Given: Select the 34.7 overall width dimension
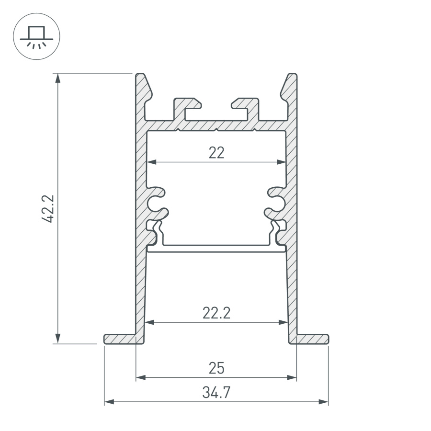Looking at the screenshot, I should point(216,393).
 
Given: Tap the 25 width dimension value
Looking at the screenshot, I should point(216,368).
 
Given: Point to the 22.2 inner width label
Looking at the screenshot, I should point(216,313).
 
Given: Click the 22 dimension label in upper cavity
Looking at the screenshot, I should point(216,153).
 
